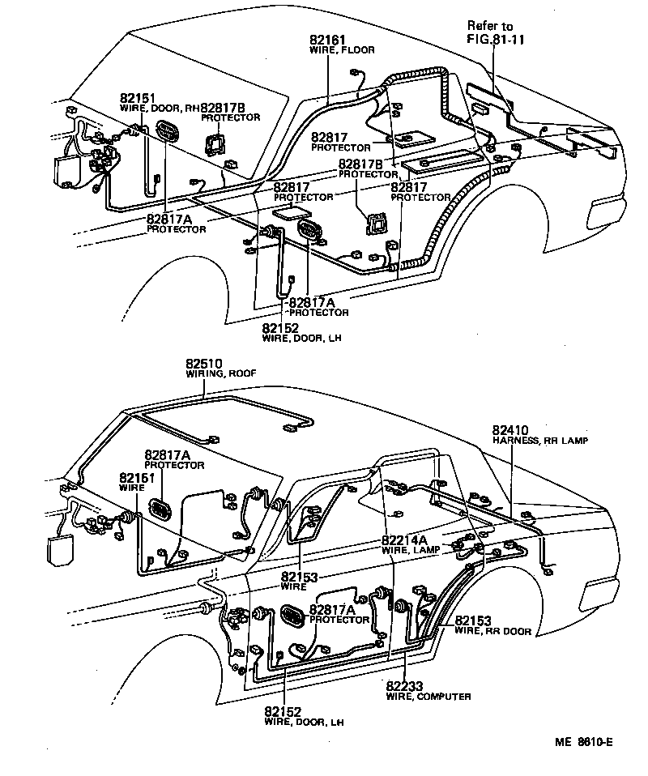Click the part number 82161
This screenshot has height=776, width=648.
(327, 40)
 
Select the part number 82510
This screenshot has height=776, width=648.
(203, 364)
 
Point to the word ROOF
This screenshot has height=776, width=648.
(236, 374)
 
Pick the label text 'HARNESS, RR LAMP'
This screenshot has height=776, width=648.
(539, 440)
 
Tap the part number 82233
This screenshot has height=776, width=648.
(405, 686)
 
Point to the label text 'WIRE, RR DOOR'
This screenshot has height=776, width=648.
(492, 632)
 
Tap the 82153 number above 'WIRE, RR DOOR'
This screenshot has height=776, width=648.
(473, 621)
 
